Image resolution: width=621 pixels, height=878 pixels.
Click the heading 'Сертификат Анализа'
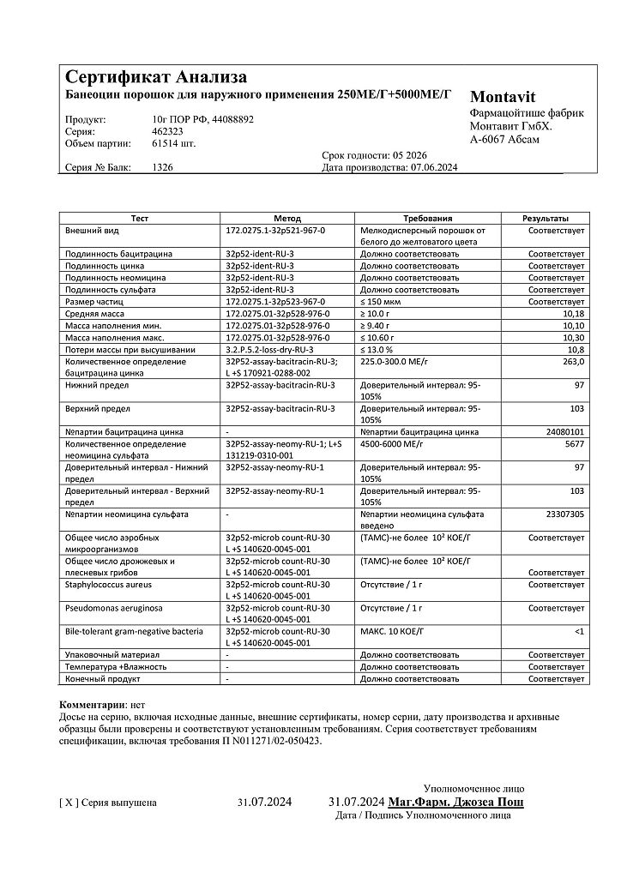click(156, 77)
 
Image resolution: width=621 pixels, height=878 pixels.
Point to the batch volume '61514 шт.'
click(173, 144)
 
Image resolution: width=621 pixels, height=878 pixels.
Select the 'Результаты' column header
click(546, 219)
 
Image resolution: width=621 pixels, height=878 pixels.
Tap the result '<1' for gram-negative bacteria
click(579, 631)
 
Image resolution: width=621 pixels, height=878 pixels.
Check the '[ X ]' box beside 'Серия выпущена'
click(69, 803)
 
